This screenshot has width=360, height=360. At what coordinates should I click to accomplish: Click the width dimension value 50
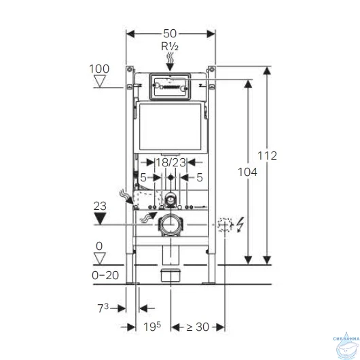pyautogui.click(x=171, y=33)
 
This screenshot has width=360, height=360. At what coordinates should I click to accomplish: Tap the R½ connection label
pyautogui.click(x=170, y=47)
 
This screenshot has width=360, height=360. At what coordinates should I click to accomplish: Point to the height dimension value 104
pyautogui.click(x=248, y=173)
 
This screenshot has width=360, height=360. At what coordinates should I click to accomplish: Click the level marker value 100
pyautogui.click(x=98, y=69)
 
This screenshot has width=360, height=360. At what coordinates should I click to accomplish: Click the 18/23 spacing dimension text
pyautogui.click(x=170, y=163)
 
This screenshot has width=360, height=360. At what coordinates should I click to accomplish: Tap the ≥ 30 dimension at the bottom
pyautogui.click(x=197, y=327)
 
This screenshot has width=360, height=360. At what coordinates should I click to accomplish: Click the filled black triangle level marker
pyautogui.click(x=102, y=218)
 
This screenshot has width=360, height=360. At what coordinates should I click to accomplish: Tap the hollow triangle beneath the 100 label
pyautogui.click(x=102, y=83)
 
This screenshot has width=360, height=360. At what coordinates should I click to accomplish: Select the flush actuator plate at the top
pyautogui.click(x=170, y=86)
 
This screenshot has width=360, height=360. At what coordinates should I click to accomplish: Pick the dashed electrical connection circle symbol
pyautogui.click(x=225, y=225)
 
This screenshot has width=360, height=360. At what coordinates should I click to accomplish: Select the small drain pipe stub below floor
pyautogui.click(x=170, y=275)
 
